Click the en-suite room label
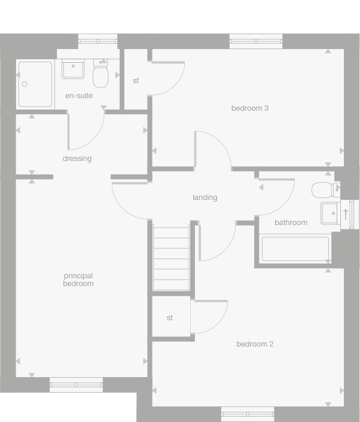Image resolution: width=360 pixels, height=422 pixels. (79, 95)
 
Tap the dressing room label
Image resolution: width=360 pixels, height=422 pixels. (77, 159)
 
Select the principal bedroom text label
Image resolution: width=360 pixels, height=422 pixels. (78, 280)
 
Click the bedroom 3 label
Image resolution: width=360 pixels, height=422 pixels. (249, 108)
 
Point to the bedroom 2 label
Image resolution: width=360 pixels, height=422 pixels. (255, 344)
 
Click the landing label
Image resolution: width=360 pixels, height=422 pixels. (205, 198)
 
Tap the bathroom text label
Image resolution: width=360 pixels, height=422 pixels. (291, 223)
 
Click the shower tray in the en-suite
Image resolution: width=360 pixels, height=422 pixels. (35, 84)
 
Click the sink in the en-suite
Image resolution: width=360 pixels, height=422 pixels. (73, 69)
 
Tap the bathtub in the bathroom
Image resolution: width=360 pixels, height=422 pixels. (295, 249)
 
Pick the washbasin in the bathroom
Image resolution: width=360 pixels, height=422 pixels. (330, 213)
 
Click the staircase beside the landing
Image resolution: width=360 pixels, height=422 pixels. (171, 257)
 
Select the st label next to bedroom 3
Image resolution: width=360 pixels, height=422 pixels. (136, 81)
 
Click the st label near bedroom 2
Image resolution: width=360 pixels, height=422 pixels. (170, 318)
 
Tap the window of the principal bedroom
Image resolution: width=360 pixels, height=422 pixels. (76, 385)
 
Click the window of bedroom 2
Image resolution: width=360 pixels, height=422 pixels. (248, 414)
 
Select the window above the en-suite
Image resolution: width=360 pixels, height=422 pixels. (97, 41)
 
